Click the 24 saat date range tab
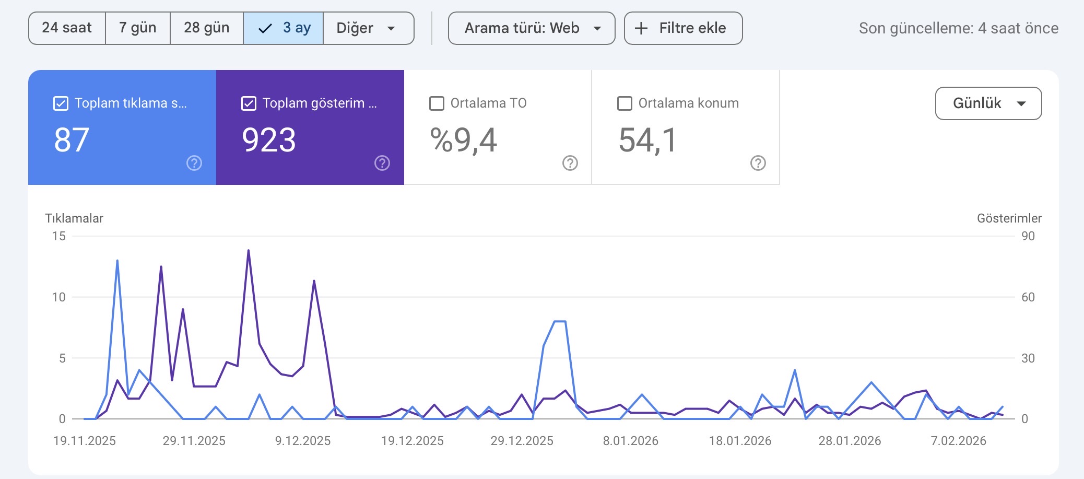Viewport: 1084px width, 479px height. (67, 28)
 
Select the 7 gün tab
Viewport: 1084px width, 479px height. (138, 28)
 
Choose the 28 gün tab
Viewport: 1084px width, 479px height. (207, 28)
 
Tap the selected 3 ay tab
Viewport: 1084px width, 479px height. (284, 28)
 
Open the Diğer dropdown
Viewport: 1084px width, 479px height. (369, 28)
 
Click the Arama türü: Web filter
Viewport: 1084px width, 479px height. (532, 28)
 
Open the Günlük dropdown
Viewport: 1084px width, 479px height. (988, 103)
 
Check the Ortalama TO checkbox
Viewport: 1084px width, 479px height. (437, 103)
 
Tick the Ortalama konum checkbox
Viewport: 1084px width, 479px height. (625, 103)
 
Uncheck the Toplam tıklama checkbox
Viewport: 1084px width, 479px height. (61, 103)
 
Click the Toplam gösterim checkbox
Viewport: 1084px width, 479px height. (249, 103)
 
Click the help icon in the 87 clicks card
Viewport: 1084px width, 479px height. (194, 163)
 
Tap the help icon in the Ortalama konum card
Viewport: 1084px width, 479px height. (758, 163)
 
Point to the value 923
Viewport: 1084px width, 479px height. (269, 140)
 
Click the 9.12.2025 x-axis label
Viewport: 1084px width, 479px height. (303, 441)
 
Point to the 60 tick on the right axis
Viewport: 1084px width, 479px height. (1028, 297)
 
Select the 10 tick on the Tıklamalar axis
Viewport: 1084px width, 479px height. (58, 297)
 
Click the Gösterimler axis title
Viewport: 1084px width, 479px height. (1009, 218)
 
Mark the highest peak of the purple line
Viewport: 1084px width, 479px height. (249, 250)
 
